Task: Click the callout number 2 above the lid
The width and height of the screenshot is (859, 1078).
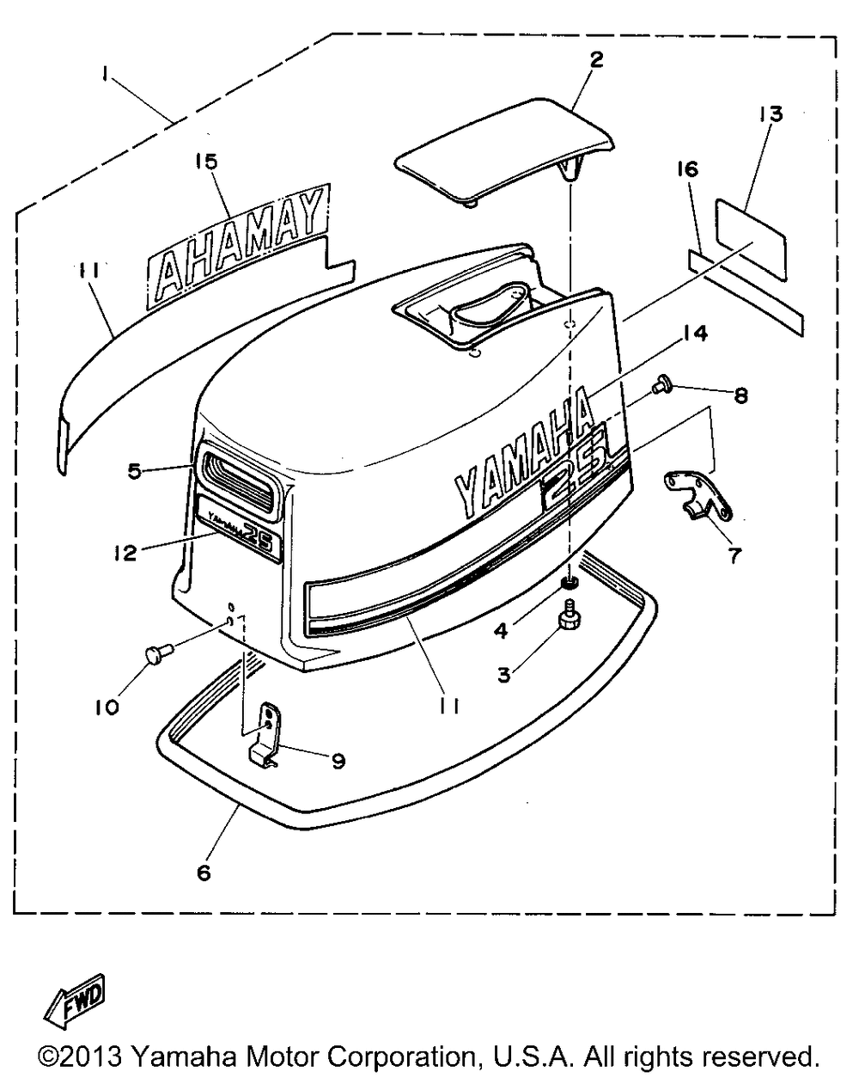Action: [596, 59]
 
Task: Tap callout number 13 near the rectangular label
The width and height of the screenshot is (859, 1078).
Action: [771, 113]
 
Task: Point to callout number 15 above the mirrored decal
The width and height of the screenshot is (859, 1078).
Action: [206, 161]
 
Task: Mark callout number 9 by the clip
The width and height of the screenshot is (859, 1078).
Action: [337, 760]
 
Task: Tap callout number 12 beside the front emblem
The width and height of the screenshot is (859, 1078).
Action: [125, 552]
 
